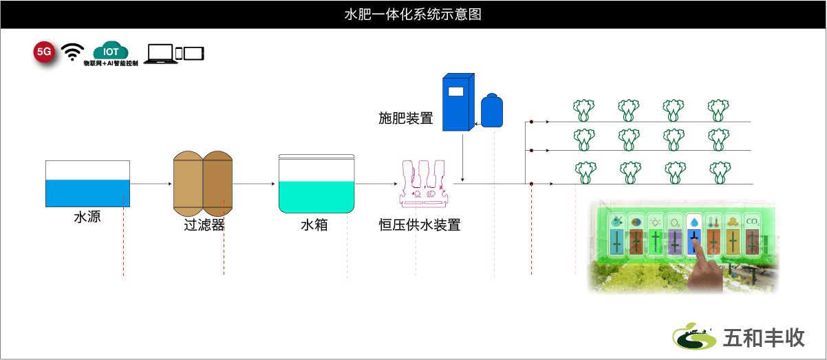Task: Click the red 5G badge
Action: (x=44, y=52)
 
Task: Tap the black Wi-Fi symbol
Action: (x=72, y=52)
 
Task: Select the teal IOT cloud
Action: (x=111, y=50)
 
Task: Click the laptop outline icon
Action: (x=160, y=54)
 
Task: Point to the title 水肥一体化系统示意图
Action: (x=413, y=14)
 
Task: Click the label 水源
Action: (x=87, y=217)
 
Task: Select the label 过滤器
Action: (x=204, y=224)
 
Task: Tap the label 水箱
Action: (x=314, y=224)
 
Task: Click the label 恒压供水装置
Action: (x=420, y=224)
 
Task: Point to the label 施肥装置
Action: (x=406, y=118)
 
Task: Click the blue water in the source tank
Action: (x=87, y=193)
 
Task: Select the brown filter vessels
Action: (x=203, y=184)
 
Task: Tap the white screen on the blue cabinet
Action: (x=455, y=91)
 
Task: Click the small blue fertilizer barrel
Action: (x=492, y=110)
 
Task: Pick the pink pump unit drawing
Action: (x=424, y=182)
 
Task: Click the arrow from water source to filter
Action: (x=151, y=184)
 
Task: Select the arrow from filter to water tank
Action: (x=254, y=184)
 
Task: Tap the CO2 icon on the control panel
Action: (x=753, y=222)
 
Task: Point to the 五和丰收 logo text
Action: (x=764, y=337)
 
